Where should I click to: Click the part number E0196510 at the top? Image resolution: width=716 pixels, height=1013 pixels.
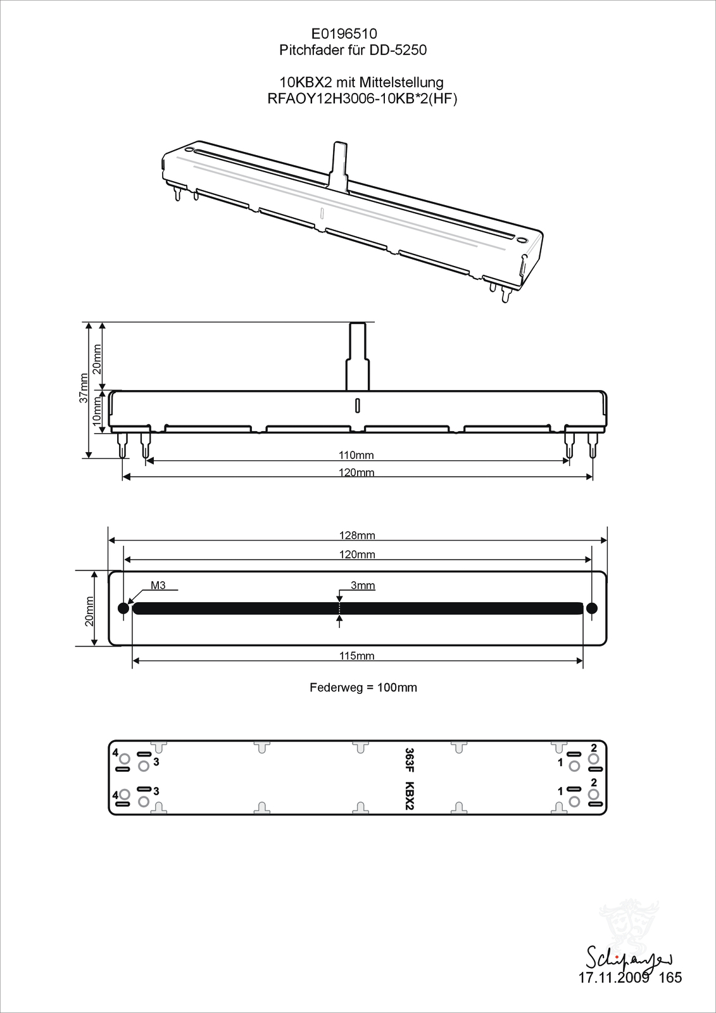tap(344, 34)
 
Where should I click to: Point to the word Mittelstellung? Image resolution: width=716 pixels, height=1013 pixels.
tap(400, 83)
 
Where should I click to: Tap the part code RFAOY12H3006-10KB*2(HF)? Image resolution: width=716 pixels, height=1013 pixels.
tap(362, 99)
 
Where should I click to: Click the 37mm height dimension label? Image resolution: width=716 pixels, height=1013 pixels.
tap(84, 387)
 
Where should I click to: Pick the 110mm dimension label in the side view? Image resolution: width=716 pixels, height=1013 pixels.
tap(356, 455)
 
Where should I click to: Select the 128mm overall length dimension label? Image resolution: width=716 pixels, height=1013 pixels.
tap(357, 536)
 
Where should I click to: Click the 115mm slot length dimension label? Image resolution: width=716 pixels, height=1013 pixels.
tap(357, 656)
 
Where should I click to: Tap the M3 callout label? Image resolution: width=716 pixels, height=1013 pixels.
tap(158, 585)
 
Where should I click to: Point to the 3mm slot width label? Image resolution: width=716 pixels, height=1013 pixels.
tap(363, 586)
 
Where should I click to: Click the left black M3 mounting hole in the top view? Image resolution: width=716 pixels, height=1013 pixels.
tap(123, 608)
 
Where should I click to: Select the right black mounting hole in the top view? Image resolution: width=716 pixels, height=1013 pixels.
tap(592, 608)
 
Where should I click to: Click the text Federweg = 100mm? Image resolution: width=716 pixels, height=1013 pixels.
tap(363, 688)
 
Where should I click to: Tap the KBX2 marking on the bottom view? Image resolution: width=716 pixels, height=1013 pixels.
tap(410, 796)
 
